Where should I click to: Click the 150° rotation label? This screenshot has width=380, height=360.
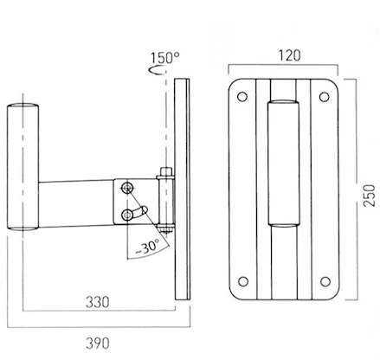coord(165,57)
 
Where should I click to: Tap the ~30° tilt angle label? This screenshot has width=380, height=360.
coord(147,247)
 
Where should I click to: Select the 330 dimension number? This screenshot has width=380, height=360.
coord(98,302)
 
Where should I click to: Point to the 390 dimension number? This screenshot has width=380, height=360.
coord(98,344)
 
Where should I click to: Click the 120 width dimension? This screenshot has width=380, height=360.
coord(289,55)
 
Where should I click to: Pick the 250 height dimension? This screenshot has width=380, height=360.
coord(370,196)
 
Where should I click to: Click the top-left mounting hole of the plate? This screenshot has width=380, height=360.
coord(242,97)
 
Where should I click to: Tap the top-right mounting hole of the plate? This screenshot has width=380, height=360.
coord(325,97)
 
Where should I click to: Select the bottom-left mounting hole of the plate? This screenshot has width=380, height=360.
coord(243,281)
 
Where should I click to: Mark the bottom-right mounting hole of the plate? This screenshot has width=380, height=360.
coord(325,281)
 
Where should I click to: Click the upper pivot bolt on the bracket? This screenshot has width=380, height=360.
coord(126,188)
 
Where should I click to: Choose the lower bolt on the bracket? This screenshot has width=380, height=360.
coord(126,215)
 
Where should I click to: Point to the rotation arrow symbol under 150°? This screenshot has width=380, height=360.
coord(157,70)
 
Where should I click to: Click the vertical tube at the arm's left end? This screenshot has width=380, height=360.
coord(23,166)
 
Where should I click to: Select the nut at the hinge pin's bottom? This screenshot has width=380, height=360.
coord(165,229)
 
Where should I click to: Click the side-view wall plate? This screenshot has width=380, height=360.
coord(182,190)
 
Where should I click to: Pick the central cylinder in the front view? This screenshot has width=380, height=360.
coord(283,162)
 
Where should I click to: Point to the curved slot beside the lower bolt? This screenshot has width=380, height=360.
coord(140,212)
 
